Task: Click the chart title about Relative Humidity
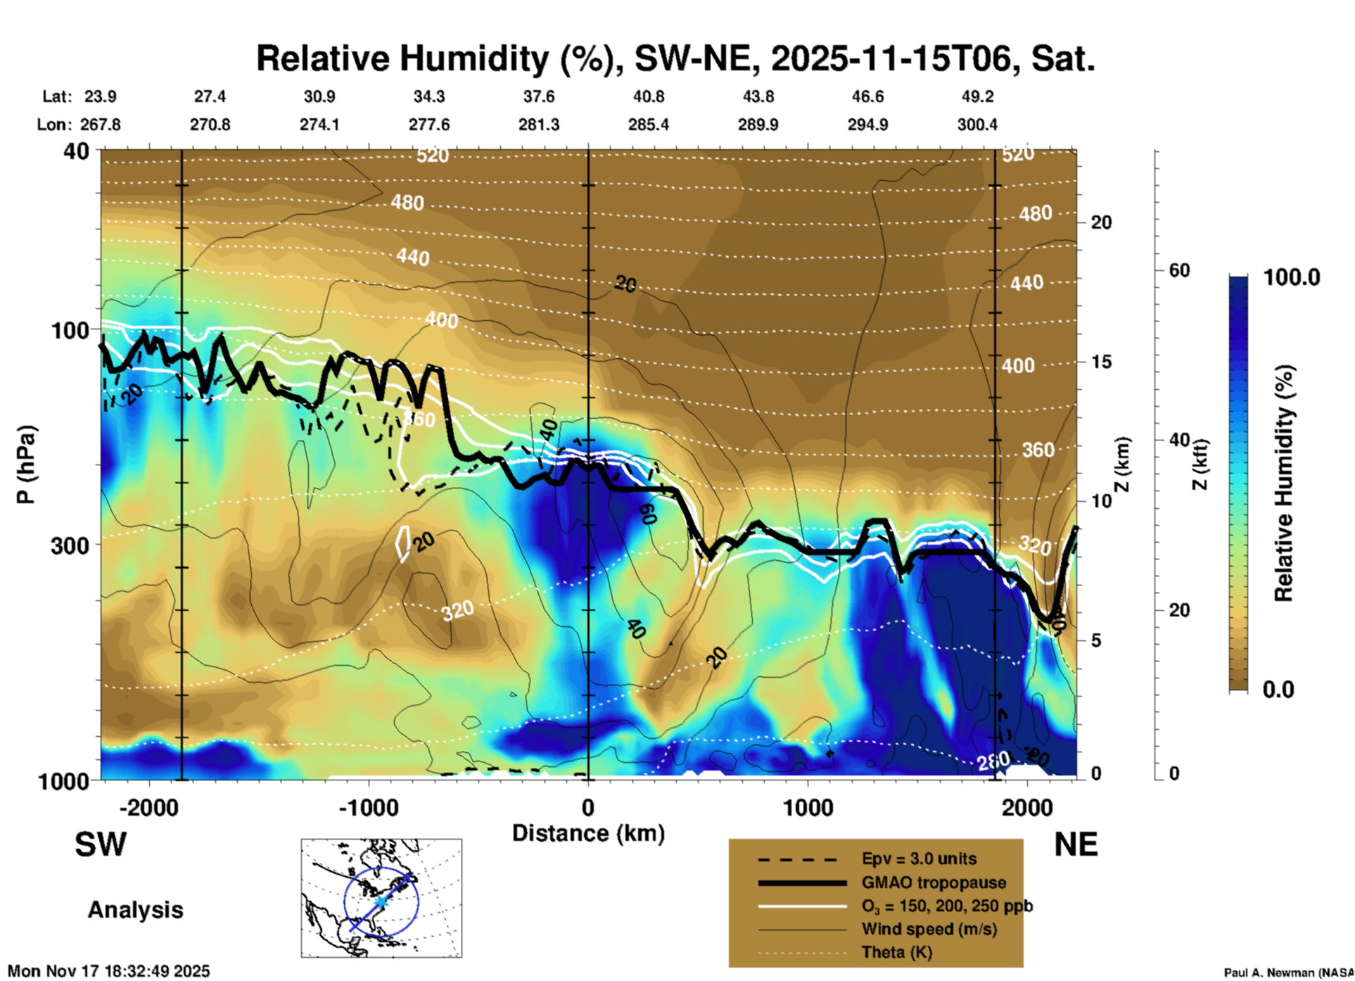coord(675,58)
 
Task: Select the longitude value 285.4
coord(648,125)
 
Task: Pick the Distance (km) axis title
coord(588,833)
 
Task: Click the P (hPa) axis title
coord(26,464)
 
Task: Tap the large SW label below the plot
coord(101,844)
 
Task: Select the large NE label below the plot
coord(1075,844)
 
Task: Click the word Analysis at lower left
coord(135,909)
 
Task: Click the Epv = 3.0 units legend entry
coord(919,859)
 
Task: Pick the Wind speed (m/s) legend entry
coord(929,929)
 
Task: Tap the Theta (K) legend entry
coord(896,952)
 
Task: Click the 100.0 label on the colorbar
coord(1292,277)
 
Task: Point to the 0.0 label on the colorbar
coord(1278,689)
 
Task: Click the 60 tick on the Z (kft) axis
coord(1179,270)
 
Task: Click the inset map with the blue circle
coord(381,897)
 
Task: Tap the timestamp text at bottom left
coord(109,971)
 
